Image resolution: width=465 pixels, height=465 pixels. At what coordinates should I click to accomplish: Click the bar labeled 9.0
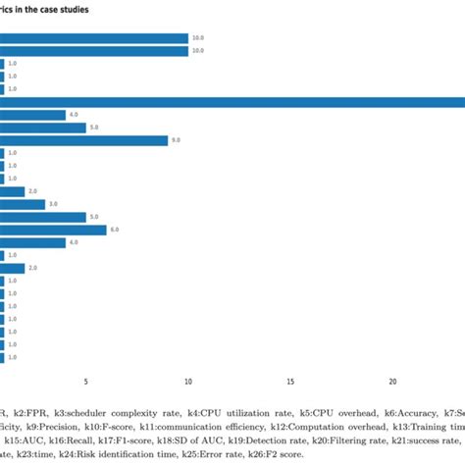point(83,140)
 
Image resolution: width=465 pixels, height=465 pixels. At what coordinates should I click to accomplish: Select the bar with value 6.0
point(53,230)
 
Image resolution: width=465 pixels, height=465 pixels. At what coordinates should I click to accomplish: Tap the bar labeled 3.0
point(23,204)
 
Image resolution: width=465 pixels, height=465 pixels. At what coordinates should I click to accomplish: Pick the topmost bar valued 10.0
point(94,38)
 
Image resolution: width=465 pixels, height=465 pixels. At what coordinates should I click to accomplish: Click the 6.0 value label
point(115,230)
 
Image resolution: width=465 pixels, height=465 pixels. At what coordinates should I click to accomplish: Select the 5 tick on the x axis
point(86,382)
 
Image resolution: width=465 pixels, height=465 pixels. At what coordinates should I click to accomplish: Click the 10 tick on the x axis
point(188,382)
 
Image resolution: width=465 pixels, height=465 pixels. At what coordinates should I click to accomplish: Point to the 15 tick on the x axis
point(290,382)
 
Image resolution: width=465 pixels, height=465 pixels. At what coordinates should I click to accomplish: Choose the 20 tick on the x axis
point(392,382)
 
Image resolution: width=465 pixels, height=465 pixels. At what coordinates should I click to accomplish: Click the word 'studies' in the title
point(96,9)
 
